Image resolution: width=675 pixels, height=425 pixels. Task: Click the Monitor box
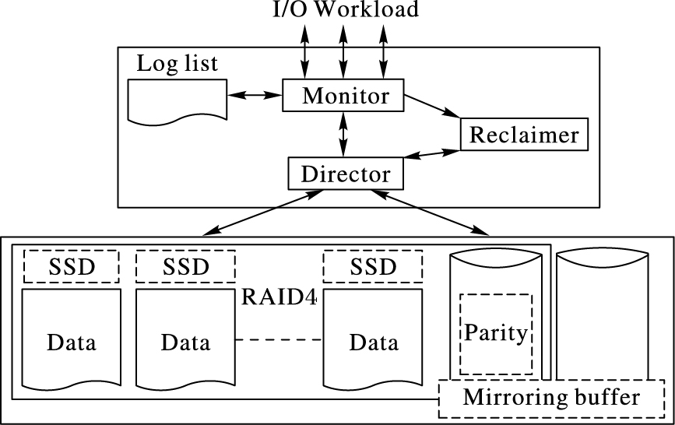click(x=344, y=96)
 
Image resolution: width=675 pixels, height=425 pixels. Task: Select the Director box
click(x=346, y=173)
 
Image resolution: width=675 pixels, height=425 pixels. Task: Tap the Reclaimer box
click(x=524, y=135)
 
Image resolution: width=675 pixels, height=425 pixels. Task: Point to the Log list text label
click(x=178, y=64)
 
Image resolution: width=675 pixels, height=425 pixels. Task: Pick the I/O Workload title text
click(x=344, y=9)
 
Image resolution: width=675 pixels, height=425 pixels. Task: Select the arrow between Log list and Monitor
click(x=255, y=95)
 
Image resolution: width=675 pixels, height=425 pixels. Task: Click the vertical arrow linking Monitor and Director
click(x=343, y=133)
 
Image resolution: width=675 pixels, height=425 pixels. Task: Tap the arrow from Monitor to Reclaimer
click(x=433, y=106)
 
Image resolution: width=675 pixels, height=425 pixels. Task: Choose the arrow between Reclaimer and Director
click(x=432, y=153)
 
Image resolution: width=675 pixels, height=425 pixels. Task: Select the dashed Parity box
click(x=495, y=333)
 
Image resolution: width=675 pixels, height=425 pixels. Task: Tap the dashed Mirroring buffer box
click(x=551, y=398)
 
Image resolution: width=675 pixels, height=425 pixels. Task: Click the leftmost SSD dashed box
click(x=71, y=266)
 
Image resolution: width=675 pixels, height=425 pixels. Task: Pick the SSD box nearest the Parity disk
click(x=373, y=266)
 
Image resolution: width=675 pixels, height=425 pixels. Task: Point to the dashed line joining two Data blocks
click(x=279, y=340)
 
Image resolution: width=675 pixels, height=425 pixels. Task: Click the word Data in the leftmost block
click(x=72, y=342)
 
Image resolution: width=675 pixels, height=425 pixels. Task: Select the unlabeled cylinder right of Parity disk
click(x=603, y=311)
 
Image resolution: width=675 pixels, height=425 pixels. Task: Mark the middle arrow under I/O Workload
click(x=343, y=49)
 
